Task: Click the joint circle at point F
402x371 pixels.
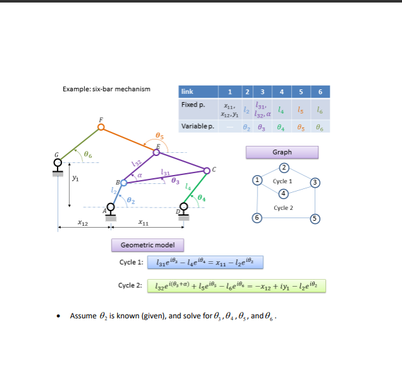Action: pyautogui.click(x=101, y=127)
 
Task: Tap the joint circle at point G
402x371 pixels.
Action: pyautogui.click(x=58, y=162)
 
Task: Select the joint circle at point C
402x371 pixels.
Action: pyautogui.click(x=206, y=169)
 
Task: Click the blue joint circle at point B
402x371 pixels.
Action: pyautogui.click(x=123, y=182)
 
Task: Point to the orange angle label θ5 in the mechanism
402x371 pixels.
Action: pyautogui.click(x=160, y=136)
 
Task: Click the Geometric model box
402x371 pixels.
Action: pyautogui.click(x=148, y=245)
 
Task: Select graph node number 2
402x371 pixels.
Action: pyautogui.click(x=284, y=167)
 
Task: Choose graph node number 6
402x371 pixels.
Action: pyautogui.click(x=257, y=217)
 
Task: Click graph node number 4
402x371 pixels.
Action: pyautogui.click(x=284, y=193)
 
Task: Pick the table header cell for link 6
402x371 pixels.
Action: pyautogui.click(x=320, y=92)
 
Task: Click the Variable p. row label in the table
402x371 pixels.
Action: pyautogui.click(x=198, y=126)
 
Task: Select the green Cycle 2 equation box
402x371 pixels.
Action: pyautogui.click(x=236, y=286)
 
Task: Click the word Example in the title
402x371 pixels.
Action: pyautogui.click(x=77, y=89)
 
